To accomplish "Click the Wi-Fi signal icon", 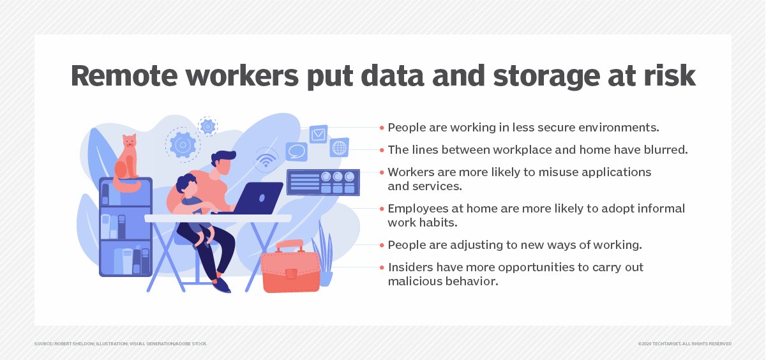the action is (x=266, y=160).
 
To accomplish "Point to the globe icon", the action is (x=339, y=147).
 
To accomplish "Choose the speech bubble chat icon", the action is (x=296, y=151).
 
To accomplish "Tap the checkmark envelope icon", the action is (x=319, y=133).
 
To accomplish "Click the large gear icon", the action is (x=183, y=145).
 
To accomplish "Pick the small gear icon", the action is (x=207, y=126).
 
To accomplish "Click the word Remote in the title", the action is (x=124, y=76).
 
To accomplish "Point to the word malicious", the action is (x=413, y=281).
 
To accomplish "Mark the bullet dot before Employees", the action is (x=382, y=209).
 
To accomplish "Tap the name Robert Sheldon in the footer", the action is (x=74, y=343).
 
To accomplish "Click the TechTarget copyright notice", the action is (x=684, y=343).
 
